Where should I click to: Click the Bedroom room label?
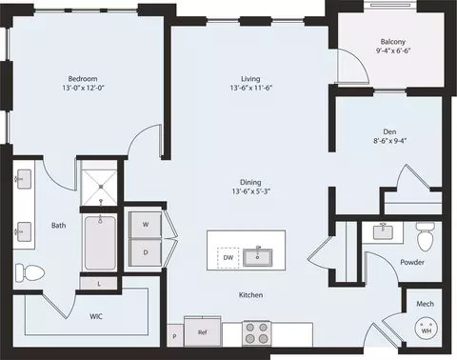[x=83, y=78]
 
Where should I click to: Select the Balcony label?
[x=393, y=42]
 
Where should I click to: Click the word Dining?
[x=250, y=182]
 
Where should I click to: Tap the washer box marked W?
[x=146, y=224]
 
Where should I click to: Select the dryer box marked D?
[x=146, y=252]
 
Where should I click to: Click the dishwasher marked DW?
[x=228, y=257]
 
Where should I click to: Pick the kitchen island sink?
[x=258, y=256]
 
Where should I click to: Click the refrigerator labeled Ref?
[x=202, y=332]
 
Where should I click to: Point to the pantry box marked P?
[x=174, y=336]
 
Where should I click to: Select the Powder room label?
[x=411, y=262]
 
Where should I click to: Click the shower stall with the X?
[x=100, y=187]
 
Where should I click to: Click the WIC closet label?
[x=96, y=314]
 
